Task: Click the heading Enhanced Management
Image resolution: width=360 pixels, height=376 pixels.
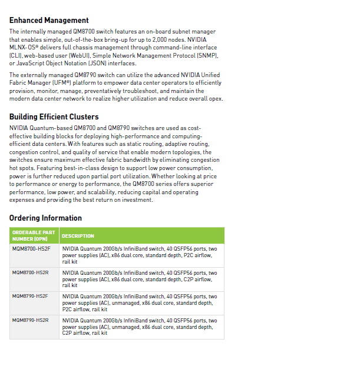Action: tap(49, 21)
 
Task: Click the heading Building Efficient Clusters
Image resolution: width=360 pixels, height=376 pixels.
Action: tap(54, 117)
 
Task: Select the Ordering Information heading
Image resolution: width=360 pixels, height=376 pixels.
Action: tap(45, 218)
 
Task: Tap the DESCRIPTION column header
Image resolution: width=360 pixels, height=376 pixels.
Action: tap(78, 236)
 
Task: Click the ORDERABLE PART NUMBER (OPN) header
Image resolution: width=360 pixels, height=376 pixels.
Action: tap(34, 236)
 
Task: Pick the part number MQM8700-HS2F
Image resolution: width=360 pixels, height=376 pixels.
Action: tap(32, 249)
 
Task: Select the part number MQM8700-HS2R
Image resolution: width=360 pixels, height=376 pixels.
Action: tap(32, 272)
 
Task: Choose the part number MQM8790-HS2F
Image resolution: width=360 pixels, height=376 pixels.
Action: tap(32, 296)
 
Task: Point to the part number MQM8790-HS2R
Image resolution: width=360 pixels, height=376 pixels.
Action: tap(32, 320)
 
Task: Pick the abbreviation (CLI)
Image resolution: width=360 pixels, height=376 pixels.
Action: tap(15, 55)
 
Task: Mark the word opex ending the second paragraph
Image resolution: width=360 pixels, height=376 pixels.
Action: tap(216, 99)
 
